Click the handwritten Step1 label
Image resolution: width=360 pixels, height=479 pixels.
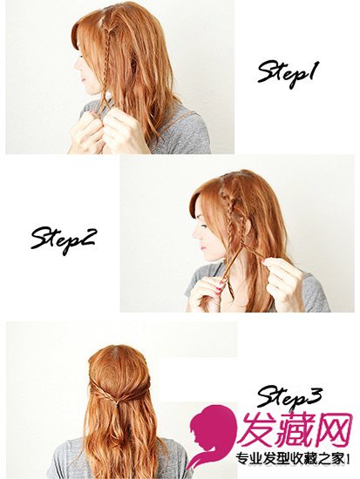coord(287,74)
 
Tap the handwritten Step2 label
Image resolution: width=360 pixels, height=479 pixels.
coord(63,241)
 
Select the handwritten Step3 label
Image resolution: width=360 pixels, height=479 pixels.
coord(289,397)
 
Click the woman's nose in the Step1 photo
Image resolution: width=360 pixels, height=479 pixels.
coord(78,65)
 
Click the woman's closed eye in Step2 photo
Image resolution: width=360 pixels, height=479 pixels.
coord(204,226)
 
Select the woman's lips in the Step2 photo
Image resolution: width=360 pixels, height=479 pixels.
coord(200,245)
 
